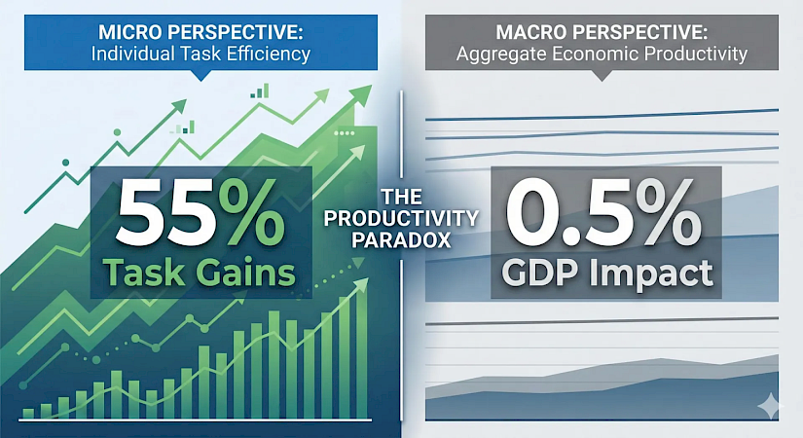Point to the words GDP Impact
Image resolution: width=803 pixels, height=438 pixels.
click(606, 274)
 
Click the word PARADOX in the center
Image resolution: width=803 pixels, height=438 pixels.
click(401, 239)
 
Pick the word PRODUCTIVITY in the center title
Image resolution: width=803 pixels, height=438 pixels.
click(401, 219)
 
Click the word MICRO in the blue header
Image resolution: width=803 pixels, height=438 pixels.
click(130, 32)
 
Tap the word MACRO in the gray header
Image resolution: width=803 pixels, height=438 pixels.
click(530, 32)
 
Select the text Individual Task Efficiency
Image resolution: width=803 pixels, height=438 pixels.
click(201, 54)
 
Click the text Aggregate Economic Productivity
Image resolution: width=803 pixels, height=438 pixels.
click(602, 54)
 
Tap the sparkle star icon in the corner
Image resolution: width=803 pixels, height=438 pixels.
click(770, 405)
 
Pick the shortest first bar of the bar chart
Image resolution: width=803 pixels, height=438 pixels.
click(28, 414)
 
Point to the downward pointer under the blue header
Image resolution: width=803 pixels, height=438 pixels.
click(201, 75)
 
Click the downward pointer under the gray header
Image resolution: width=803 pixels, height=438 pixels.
click(602, 75)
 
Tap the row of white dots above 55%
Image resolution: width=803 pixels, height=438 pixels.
click(344, 133)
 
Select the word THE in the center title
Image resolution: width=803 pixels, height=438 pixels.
click(401, 198)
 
